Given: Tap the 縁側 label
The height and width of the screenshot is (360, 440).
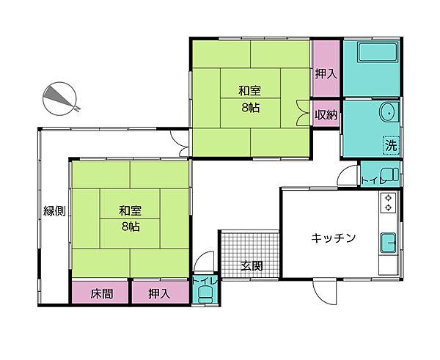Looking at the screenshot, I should (x=54, y=211).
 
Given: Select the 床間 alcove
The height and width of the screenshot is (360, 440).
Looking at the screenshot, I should (x=101, y=293).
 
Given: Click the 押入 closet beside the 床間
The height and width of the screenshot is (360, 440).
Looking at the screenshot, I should (x=159, y=293).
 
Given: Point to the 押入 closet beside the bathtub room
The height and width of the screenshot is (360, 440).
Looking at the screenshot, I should (x=326, y=73).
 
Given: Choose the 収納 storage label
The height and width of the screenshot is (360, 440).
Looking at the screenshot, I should (x=326, y=114).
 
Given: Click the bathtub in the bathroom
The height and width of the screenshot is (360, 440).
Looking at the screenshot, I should (x=378, y=54).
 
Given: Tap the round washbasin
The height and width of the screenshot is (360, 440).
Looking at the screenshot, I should (x=387, y=112).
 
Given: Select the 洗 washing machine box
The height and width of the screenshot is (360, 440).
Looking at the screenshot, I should (x=392, y=144).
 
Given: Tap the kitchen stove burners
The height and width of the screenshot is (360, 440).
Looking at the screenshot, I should (x=387, y=202).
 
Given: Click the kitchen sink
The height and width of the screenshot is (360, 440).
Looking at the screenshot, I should (x=387, y=242).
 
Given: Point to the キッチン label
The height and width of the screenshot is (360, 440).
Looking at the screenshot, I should (x=333, y=238).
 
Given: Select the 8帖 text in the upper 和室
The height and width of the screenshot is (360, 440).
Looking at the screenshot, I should (x=249, y=106).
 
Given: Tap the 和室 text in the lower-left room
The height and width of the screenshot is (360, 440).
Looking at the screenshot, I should (x=131, y=211).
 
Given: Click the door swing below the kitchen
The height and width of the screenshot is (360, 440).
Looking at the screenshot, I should (x=324, y=292).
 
